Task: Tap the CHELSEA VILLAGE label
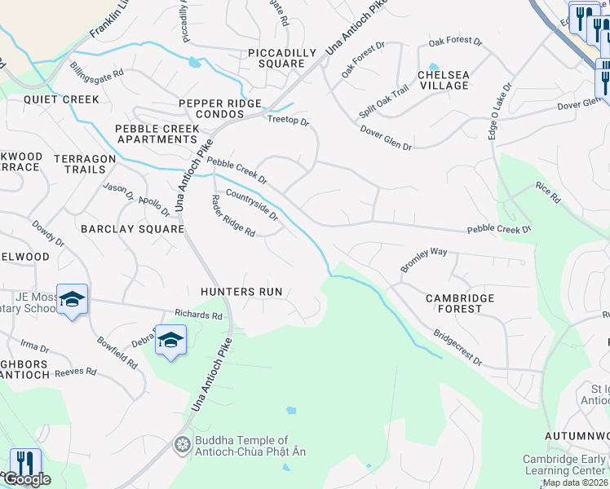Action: (x=443, y=80)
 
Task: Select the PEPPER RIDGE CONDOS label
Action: (x=220, y=109)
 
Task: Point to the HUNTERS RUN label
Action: (x=241, y=291)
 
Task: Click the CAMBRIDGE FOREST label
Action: (x=460, y=304)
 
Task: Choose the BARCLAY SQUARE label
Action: (x=132, y=229)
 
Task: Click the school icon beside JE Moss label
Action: (x=72, y=301)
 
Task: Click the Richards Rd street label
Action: (x=198, y=314)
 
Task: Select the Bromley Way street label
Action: (x=423, y=260)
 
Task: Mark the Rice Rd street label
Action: (x=548, y=192)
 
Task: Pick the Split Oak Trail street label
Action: (x=383, y=102)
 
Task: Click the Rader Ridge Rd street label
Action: (x=233, y=216)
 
